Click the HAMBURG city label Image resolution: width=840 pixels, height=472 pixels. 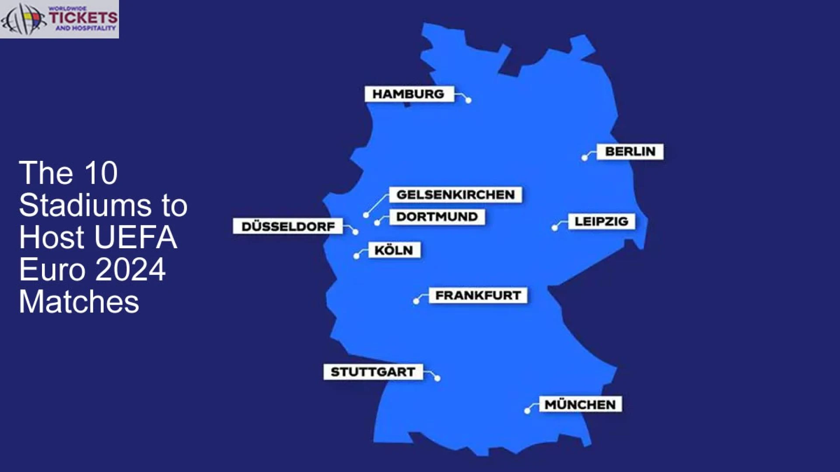tap(409, 94)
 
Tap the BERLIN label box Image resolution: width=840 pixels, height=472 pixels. tap(630, 152)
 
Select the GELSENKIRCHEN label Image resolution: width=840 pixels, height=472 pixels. tap(455, 195)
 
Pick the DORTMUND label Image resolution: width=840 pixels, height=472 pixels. tap(437, 217)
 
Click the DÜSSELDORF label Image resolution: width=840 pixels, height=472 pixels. tap(288, 226)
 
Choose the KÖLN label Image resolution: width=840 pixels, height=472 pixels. tap(394, 250)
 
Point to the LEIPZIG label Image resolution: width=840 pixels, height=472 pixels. tap(601, 222)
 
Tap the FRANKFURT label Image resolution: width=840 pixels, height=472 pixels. tap(478, 295)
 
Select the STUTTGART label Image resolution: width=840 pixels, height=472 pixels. tap(373, 372)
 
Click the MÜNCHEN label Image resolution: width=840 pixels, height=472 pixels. tap(580, 405)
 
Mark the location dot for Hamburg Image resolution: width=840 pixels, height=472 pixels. tap(469, 101)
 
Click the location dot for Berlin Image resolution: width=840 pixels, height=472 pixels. tap(584, 158)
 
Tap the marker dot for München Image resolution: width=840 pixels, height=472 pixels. tap(527, 411)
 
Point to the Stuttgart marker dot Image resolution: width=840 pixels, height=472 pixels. tap(437, 378)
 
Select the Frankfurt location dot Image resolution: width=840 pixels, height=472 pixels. tap(416, 301)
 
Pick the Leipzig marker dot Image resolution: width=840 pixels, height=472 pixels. tap(555, 228)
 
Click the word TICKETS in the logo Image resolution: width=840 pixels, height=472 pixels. tap(83, 17)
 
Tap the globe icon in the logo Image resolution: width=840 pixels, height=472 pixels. tap(22, 19)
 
